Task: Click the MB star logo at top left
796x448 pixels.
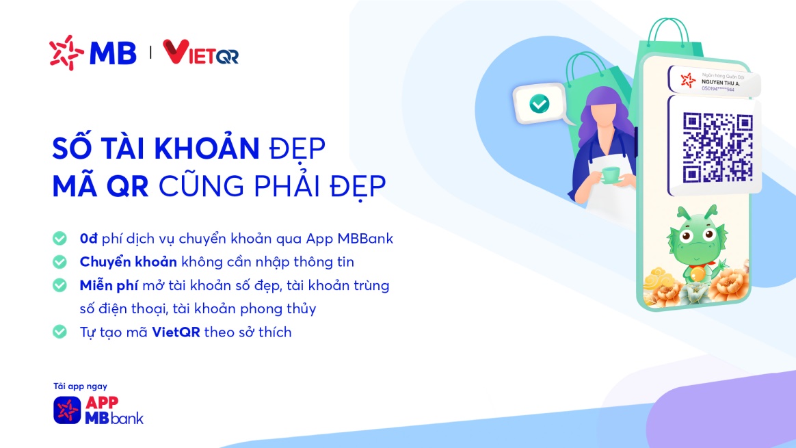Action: coord(66,53)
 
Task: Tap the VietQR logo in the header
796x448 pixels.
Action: coord(200,53)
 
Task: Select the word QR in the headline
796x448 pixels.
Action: coord(129,186)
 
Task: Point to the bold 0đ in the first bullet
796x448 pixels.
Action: coord(89,239)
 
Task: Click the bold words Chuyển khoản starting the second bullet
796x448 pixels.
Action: coord(128,262)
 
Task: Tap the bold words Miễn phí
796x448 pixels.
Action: coord(108,285)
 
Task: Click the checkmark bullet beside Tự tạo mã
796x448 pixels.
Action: coord(60,332)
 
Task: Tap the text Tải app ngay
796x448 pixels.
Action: coord(80,386)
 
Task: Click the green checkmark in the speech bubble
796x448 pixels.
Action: coord(539,104)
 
